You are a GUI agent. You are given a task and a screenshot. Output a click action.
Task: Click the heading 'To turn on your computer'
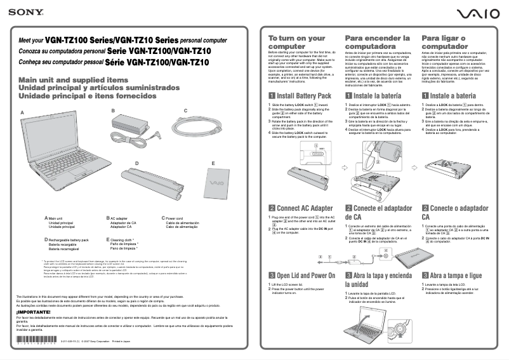click(297, 43)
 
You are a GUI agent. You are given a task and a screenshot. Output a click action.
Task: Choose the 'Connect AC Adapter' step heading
click(300, 208)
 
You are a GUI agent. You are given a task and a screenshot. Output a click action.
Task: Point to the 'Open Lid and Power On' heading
click(301, 276)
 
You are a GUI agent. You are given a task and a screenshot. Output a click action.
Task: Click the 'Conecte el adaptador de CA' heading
click(377, 212)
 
